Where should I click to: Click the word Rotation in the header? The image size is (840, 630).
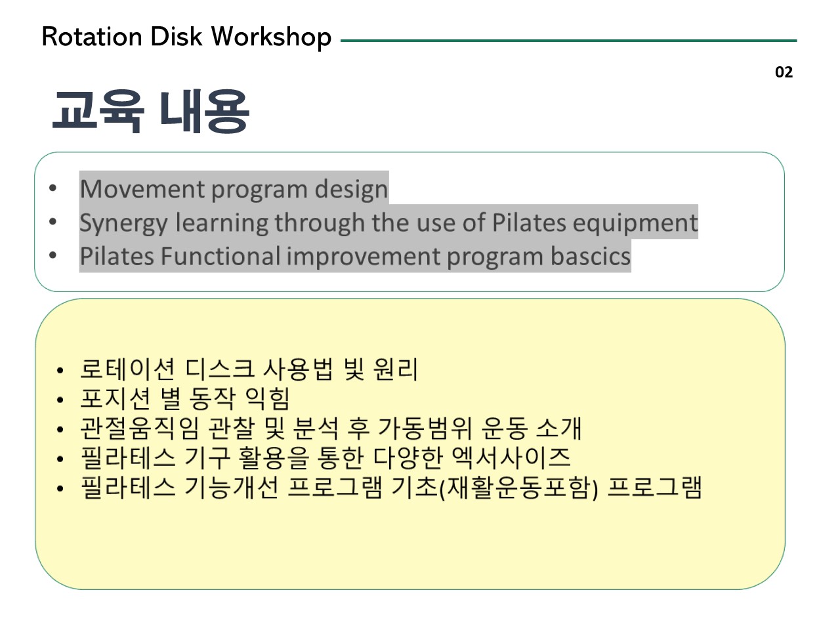92,37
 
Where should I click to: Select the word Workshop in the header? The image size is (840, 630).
271,38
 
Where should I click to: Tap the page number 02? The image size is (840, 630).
784,72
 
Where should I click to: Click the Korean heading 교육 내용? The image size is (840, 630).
151,112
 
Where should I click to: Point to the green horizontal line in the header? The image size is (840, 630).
569,41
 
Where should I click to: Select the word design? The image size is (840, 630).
351,190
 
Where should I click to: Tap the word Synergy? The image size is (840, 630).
123,224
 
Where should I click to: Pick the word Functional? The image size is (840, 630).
220,256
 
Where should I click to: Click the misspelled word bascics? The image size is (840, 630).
591,256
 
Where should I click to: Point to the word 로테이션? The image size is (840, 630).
128,369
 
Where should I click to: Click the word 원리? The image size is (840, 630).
396,369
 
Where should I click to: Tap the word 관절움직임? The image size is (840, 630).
140,429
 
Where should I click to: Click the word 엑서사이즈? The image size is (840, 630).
511,457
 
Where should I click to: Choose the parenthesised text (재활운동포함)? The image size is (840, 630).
518,488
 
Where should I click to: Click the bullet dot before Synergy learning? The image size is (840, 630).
52,221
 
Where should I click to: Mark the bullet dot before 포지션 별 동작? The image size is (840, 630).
60,400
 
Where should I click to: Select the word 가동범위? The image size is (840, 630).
425,429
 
